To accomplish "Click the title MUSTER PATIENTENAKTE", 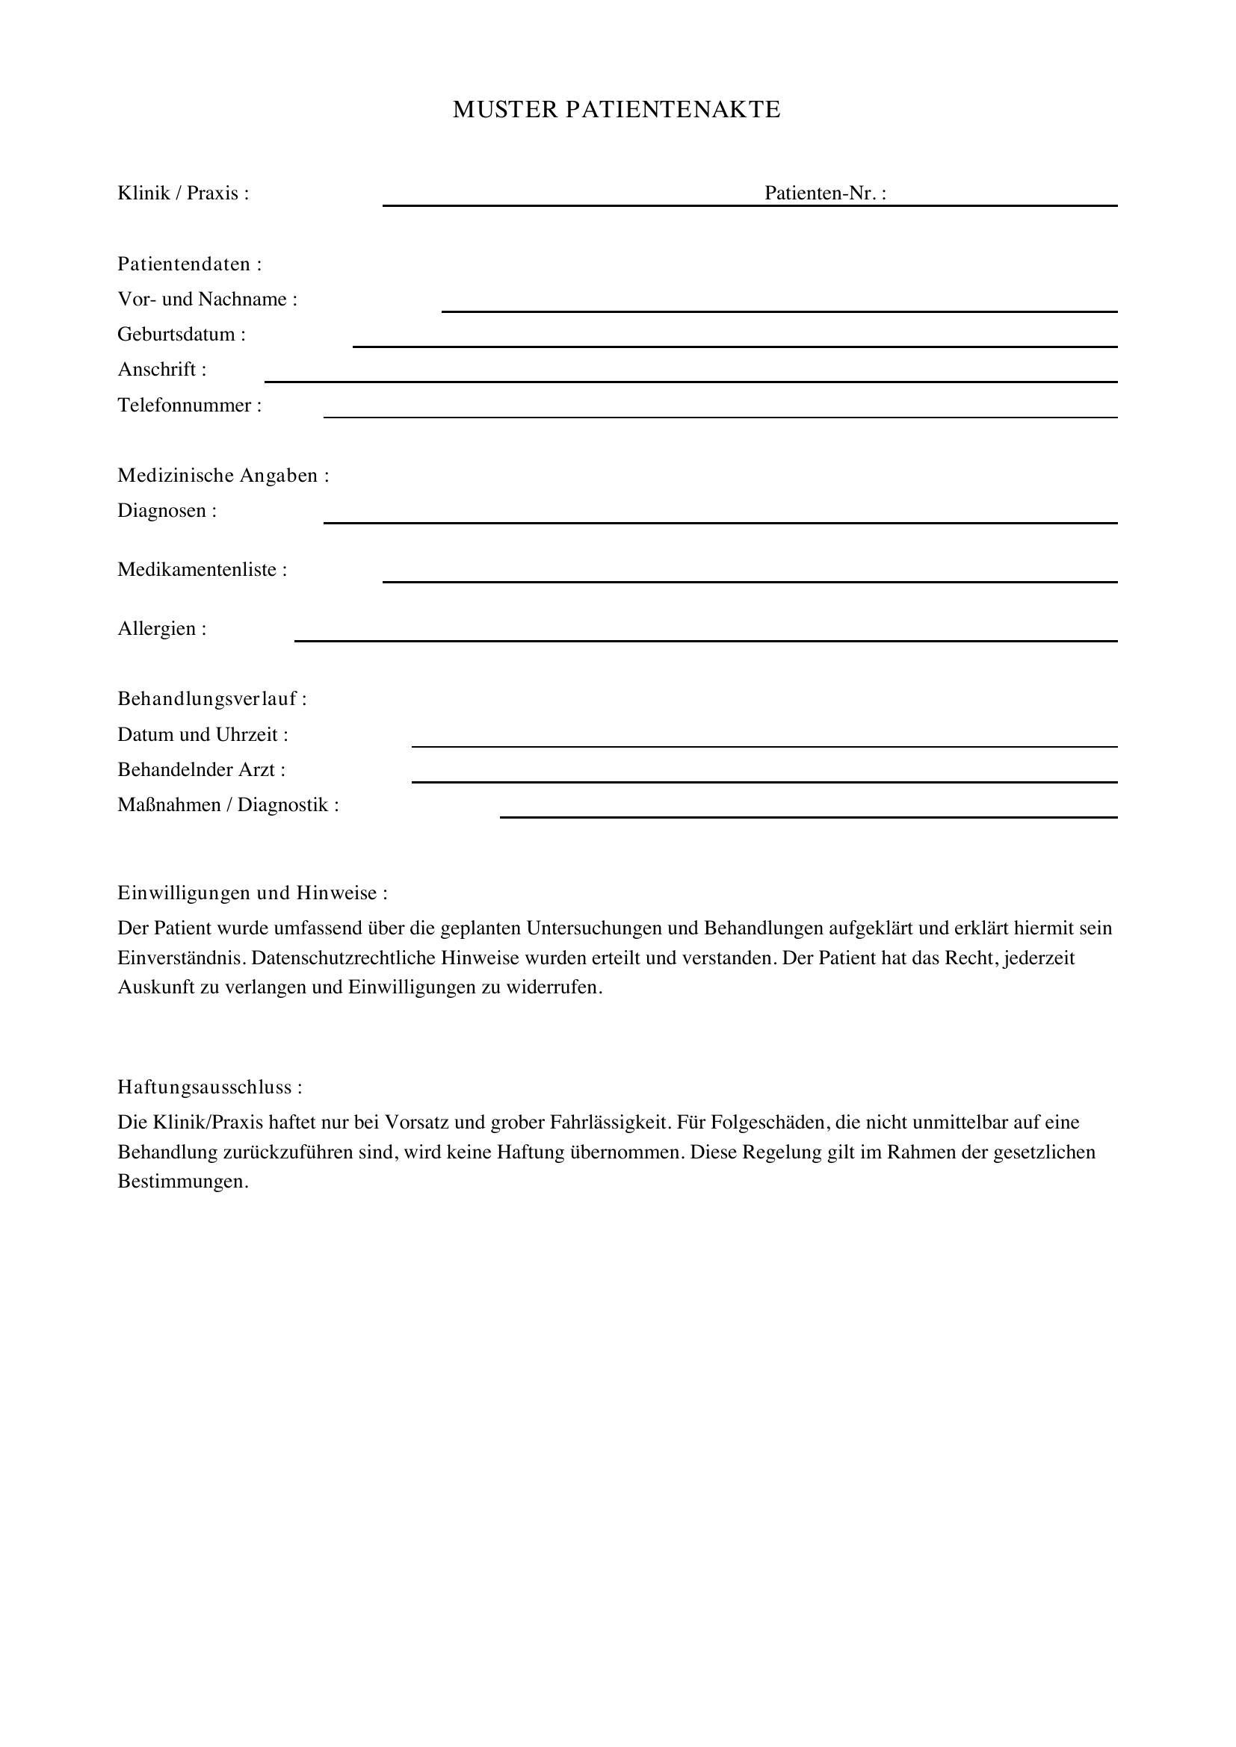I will pyautogui.click(x=617, y=110).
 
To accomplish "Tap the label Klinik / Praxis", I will pyautogui.click(x=182, y=193).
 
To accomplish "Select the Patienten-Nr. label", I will pyautogui.click(x=825, y=193).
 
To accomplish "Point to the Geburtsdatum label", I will pyautogui.click(x=181, y=335).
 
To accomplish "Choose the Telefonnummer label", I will pyautogui.click(x=189, y=406).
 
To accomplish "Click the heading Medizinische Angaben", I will pyautogui.click(x=223, y=476).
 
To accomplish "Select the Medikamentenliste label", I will pyautogui.click(x=202, y=570).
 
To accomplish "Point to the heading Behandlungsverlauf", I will pyautogui.click(x=211, y=699).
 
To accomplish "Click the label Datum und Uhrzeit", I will pyautogui.click(x=203, y=735).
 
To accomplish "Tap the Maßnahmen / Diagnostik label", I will pyautogui.click(x=228, y=805).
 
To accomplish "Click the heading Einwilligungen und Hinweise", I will pyautogui.click(x=252, y=893).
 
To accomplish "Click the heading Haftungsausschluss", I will pyautogui.click(x=209, y=1087).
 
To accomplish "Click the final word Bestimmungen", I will pyautogui.click(x=182, y=1182).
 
